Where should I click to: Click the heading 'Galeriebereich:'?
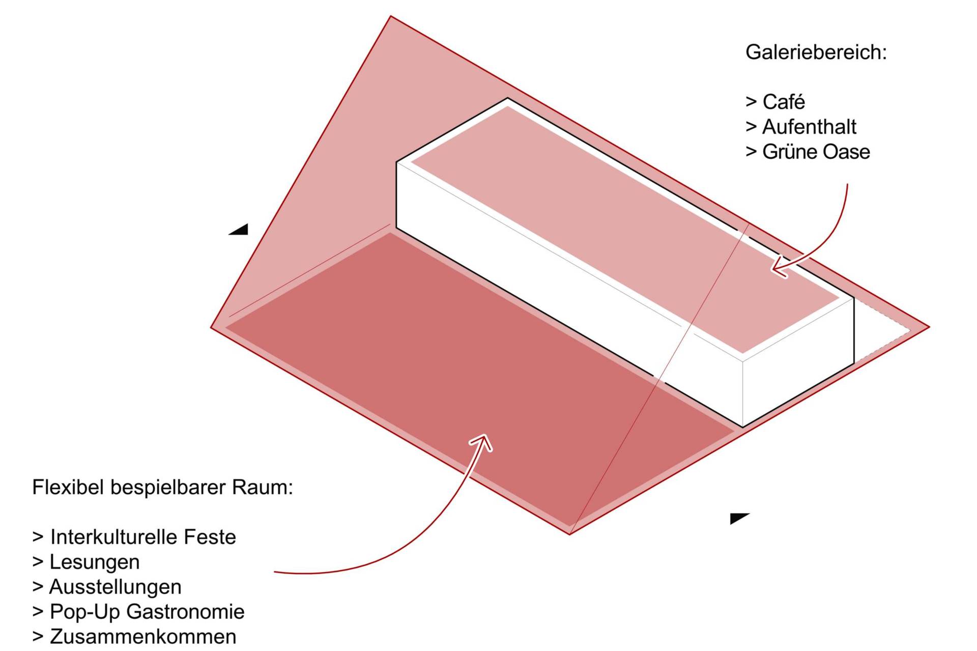pos(816,52)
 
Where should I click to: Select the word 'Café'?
pos(783,102)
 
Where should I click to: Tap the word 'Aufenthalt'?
pos(809,127)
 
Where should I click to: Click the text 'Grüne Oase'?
pos(816,152)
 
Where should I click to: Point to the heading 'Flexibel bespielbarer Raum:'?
pos(162,488)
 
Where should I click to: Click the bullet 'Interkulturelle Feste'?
pos(142,537)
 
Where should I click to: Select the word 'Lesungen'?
pos(94,562)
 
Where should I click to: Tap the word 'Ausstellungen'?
pos(115,587)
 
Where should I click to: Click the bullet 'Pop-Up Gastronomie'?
pos(147,612)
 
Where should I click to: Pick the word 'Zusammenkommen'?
pos(142,637)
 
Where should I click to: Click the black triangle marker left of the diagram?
pos(239,230)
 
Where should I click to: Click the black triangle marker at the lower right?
pos(738,518)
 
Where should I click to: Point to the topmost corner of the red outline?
pos(391,17)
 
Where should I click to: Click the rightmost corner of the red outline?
pos(929,327)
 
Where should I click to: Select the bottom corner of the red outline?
pos(569,534)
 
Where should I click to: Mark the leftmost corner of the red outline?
pos(211,327)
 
